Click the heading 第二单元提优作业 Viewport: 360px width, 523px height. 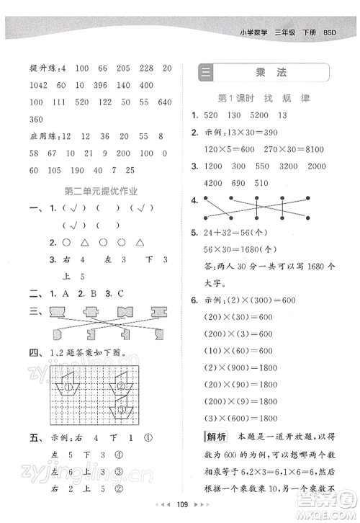tap(101, 191)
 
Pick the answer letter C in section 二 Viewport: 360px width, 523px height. tap(120, 295)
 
